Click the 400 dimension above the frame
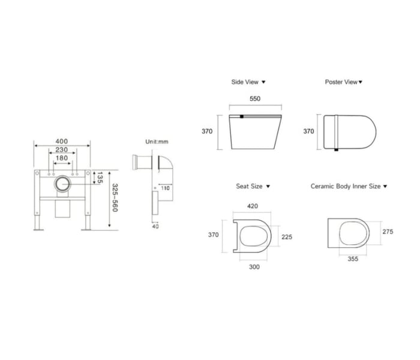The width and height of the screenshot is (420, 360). pos(62,141)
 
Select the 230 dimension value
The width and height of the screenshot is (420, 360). pos(62,149)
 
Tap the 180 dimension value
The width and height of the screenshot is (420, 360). pos(62,158)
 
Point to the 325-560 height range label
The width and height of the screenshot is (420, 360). pos(115,197)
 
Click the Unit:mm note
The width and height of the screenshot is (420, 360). pos(157,142)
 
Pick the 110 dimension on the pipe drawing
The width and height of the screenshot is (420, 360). pos(165,188)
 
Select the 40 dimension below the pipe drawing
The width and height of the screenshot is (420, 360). pos(155,226)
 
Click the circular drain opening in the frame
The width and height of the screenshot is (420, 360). pos(62,184)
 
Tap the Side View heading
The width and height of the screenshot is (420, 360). pos(245,82)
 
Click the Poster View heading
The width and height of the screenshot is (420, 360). pos(341,82)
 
